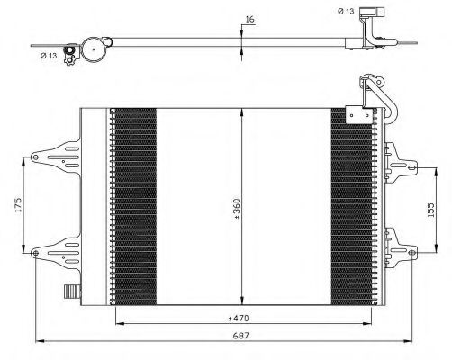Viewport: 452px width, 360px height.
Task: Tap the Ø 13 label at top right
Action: [346, 11]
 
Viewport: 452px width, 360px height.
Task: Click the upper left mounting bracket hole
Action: [34, 158]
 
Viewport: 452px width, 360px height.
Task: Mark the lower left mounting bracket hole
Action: [34, 253]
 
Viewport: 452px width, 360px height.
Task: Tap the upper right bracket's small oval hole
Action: [416, 165]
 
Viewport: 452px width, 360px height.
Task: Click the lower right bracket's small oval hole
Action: [416, 251]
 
